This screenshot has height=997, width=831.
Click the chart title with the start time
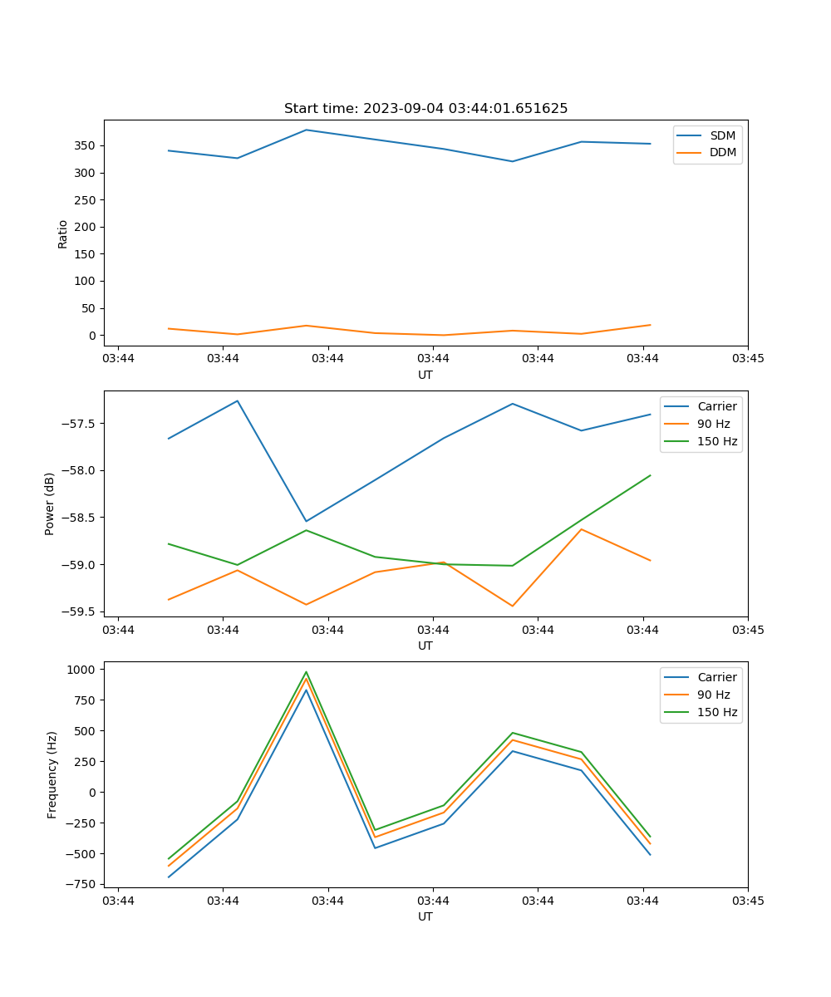coord(425,109)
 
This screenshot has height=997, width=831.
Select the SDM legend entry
coord(722,135)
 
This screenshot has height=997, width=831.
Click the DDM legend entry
coord(722,152)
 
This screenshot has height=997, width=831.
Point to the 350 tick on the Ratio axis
coord(86,145)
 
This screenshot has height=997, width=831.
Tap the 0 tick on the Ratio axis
coord(92,335)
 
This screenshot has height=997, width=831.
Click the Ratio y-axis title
coord(63,233)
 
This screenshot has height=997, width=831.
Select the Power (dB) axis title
coord(50,503)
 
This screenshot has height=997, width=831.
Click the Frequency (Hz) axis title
coord(52,774)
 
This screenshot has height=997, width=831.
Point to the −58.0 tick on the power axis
coord(81,470)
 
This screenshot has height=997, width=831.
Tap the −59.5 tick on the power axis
coord(81,611)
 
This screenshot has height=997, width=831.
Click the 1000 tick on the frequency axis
coord(84,669)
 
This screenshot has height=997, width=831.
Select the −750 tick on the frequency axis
coord(84,884)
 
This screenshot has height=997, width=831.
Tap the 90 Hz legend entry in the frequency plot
coord(714,695)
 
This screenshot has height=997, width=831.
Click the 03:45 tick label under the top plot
coord(747,359)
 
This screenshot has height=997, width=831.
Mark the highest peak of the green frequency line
coord(306,672)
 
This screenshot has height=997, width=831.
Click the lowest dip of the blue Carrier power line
coord(306,521)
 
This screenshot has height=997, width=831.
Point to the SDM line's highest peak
coord(306,130)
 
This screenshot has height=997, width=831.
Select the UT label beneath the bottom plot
coord(425,916)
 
